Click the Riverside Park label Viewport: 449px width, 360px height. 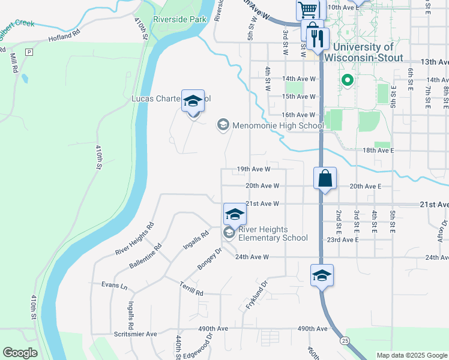tap(179, 19)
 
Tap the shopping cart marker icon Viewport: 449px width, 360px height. tap(308, 9)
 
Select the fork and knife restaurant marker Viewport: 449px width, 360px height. tap(315, 39)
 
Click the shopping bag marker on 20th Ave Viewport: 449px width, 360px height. tap(325, 178)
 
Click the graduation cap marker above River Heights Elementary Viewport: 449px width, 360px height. tap(235, 214)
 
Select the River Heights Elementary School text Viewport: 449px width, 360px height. tap(273, 233)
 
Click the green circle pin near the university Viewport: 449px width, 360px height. tap(346, 79)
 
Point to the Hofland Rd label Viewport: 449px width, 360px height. tap(64, 38)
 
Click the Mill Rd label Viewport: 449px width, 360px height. tap(13, 62)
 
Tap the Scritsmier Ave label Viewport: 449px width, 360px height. tap(135, 334)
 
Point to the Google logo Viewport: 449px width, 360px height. tap(20, 353)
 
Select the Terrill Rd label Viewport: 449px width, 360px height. tap(191, 290)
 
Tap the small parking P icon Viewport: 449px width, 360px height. tap(28, 52)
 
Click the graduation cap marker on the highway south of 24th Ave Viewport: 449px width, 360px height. tap(322, 275)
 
